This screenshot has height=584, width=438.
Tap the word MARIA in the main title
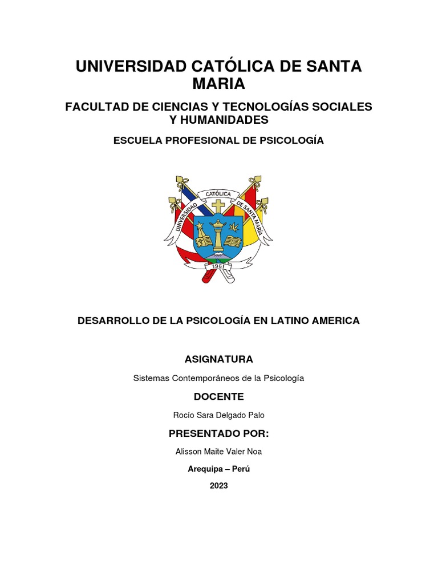point(219,84)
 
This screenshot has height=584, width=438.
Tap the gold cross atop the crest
point(218,206)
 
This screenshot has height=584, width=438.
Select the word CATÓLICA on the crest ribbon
point(218,194)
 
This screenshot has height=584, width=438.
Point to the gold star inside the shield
point(201,226)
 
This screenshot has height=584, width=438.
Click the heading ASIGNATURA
point(218,359)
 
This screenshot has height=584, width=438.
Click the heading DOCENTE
point(218,396)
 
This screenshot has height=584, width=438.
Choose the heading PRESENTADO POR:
point(218,433)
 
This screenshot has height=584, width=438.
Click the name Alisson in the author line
point(189,452)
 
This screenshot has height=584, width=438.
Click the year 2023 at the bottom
point(218,486)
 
